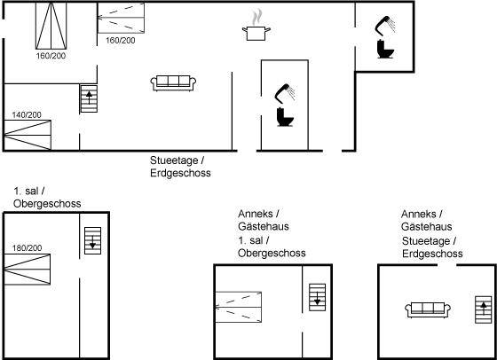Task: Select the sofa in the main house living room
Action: point(173,83)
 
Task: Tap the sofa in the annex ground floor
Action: point(428,309)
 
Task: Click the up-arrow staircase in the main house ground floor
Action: point(89,98)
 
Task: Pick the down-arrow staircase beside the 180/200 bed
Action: point(92,240)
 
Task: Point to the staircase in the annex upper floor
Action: point(318,297)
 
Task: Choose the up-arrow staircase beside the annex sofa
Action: point(484,309)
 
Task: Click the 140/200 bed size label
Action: point(27,114)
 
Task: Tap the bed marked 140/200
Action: point(28,135)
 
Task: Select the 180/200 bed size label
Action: point(27,247)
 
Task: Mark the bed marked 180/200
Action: point(27,270)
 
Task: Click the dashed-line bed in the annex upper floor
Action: point(239,307)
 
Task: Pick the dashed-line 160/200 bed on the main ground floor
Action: point(121,18)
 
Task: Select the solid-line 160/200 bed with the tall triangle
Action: point(51,26)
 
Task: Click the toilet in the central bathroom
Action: point(285,117)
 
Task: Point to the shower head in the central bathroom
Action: point(285,93)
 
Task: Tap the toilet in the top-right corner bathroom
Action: point(385,49)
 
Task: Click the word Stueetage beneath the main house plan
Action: point(174,160)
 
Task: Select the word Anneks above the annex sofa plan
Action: point(418,214)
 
